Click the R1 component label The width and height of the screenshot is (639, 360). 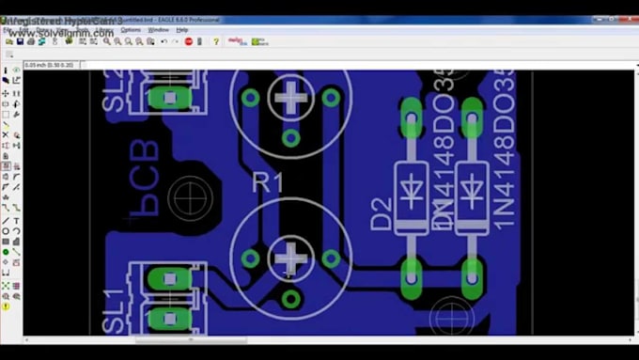[268, 182]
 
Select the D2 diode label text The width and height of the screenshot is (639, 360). [381, 214]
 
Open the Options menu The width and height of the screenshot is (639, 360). [130, 30]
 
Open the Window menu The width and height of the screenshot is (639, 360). [158, 30]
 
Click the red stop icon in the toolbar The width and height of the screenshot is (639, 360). [189, 41]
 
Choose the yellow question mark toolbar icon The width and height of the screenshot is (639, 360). [215, 41]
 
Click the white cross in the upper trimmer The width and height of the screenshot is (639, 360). [291, 96]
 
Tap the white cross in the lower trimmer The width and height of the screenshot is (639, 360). [291, 257]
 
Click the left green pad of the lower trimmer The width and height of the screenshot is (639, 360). [250, 258]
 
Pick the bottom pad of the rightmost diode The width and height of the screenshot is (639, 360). [470, 274]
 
